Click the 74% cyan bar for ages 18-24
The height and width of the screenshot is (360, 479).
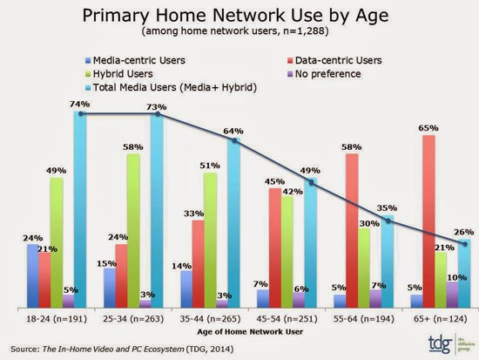[80, 209]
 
